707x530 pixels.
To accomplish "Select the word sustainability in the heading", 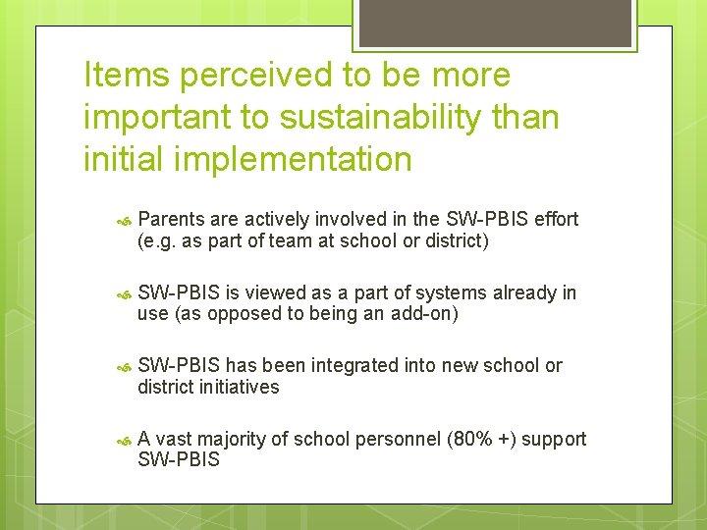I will click(x=381, y=117).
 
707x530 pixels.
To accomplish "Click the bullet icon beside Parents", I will click(x=124, y=220).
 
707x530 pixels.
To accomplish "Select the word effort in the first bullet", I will click(x=556, y=219).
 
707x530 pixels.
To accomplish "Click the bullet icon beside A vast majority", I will click(x=124, y=440).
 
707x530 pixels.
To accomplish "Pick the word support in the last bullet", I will click(x=555, y=439).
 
